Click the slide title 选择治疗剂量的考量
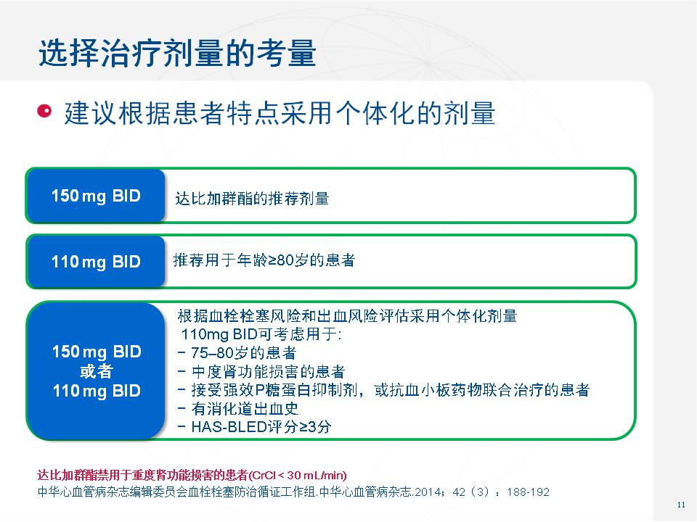(x=177, y=53)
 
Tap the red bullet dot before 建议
(x=44, y=111)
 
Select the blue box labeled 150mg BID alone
(x=96, y=195)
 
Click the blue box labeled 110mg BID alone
(x=96, y=262)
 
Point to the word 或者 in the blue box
(x=97, y=371)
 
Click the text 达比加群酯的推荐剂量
(x=252, y=199)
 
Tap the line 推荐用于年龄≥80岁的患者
(x=264, y=260)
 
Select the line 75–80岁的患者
(x=237, y=353)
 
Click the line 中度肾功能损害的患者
(x=261, y=371)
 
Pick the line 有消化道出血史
(x=238, y=408)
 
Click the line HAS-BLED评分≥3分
(x=255, y=427)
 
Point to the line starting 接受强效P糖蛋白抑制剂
(x=383, y=390)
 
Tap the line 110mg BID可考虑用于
(x=261, y=333)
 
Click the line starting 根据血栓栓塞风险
(x=347, y=316)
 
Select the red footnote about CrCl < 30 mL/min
(x=192, y=476)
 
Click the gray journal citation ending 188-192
(x=293, y=492)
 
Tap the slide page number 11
(x=681, y=505)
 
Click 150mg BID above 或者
(x=97, y=352)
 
